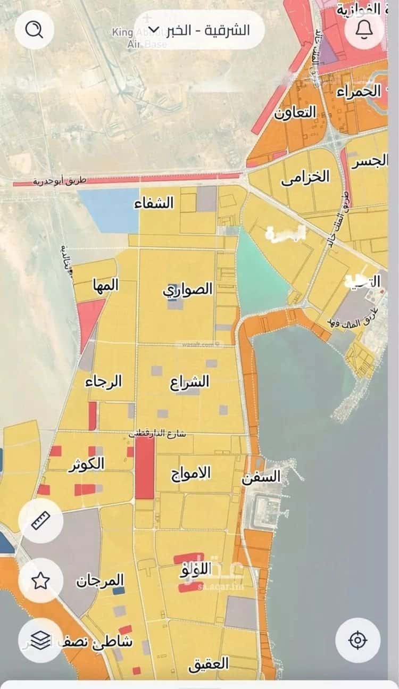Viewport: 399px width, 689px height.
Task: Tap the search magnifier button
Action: point(35,29)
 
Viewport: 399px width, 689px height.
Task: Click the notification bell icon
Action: point(364,29)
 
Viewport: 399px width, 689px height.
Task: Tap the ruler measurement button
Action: point(41,520)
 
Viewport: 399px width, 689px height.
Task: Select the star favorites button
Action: point(41,580)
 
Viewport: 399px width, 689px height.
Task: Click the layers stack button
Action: point(41,640)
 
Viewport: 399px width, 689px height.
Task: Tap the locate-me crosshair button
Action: point(358,640)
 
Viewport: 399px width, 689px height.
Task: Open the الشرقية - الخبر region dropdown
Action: point(199,29)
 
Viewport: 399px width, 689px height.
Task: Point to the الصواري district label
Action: point(187,290)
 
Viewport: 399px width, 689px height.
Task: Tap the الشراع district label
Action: point(190,382)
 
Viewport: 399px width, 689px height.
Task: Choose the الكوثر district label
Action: point(86,464)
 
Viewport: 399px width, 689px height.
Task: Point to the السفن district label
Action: point(261,476)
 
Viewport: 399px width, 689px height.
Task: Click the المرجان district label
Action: point(99,580)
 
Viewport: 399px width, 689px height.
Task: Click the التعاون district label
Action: point(295,112)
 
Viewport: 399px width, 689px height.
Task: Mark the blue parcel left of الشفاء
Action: point(109,209)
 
